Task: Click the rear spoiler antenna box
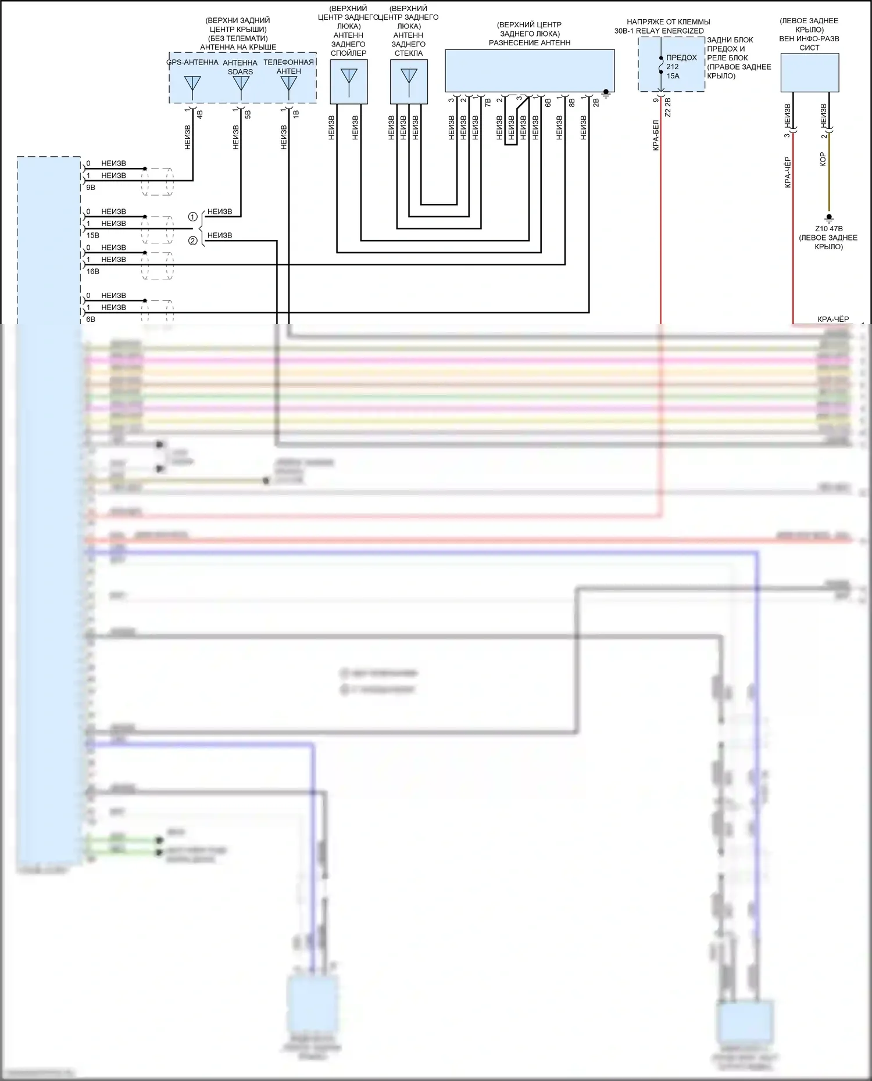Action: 349,82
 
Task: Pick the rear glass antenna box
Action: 409,82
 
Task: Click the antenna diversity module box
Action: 530,70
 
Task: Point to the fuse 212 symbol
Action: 661,66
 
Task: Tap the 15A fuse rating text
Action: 673,76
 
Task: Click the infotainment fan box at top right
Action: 809,72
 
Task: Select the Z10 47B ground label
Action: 828,229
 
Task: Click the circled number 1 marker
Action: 193,217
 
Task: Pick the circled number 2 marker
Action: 193,240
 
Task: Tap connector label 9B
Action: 90,188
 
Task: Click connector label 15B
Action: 92,235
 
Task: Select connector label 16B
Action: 92,271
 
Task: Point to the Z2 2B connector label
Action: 668,109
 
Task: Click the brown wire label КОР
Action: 823,160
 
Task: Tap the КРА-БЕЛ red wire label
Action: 655,135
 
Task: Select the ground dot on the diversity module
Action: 606,92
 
